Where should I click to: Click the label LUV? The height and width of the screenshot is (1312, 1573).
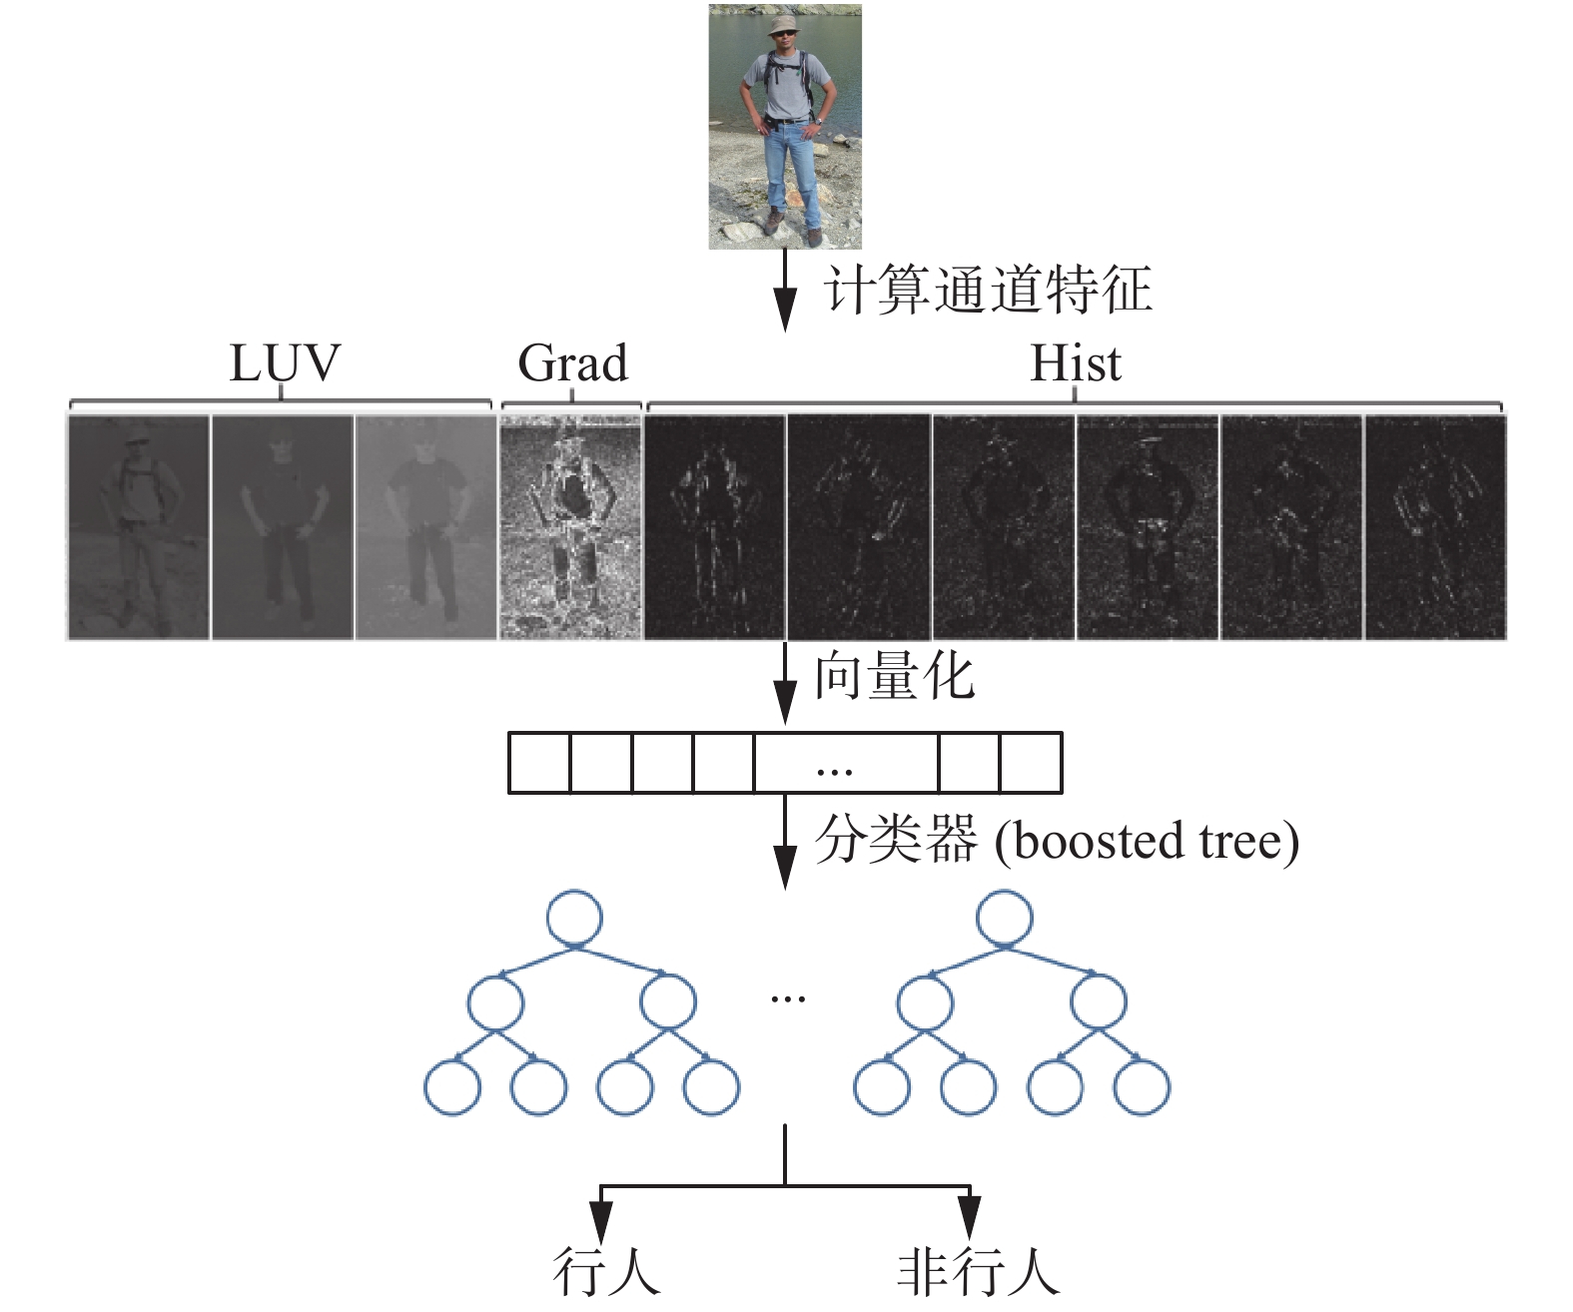(x=285, y=363)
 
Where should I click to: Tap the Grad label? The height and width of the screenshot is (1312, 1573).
(x=572, y=363)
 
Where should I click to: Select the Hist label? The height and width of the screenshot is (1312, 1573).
(x=1075, y=363)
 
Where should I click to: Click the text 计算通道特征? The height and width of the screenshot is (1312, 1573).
(x=988, y=291)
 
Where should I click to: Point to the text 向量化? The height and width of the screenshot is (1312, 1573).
(x=894, y=676)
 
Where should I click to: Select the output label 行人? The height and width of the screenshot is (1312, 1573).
(x=606, y=1271)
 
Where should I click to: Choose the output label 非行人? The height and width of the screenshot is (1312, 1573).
(x=977, y=1271)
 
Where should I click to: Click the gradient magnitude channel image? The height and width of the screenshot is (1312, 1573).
(x=570, y=526)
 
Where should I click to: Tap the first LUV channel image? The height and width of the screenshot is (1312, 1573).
(x=139, y=526)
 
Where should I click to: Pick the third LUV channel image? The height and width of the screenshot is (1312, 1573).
(x=425, y=526)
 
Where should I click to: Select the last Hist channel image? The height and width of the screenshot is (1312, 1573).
(x=1434, y=526)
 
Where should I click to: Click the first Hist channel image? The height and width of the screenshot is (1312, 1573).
(x=714, y=526)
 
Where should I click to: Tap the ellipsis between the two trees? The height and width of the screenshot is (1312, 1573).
(x=788, y=997)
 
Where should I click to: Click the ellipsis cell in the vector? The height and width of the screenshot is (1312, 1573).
(x=846, y=763)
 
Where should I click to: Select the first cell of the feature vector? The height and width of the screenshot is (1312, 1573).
(x=539, y=763)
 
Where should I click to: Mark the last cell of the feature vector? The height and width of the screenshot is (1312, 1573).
(x=1031, y=763)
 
